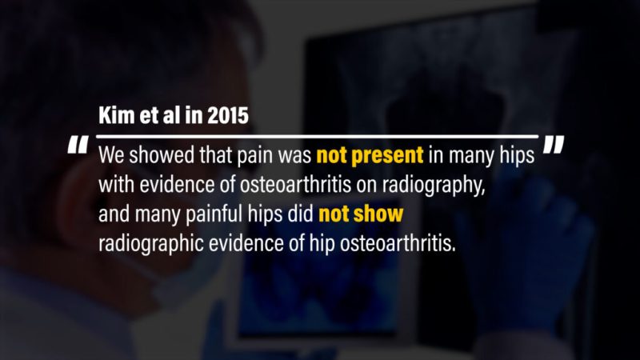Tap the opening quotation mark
tap(78, 145)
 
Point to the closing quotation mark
tap(554, 145)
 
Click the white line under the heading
tap(317, 136)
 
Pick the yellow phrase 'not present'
tap(370, 155)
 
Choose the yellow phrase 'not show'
tap(361, 214)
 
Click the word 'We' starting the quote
tap(111, 155)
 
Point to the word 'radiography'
tap(433, 186)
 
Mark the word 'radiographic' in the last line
tap(151, 244)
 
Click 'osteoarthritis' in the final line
tap(397, 244)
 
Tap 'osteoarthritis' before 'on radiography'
tap(295, 185)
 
